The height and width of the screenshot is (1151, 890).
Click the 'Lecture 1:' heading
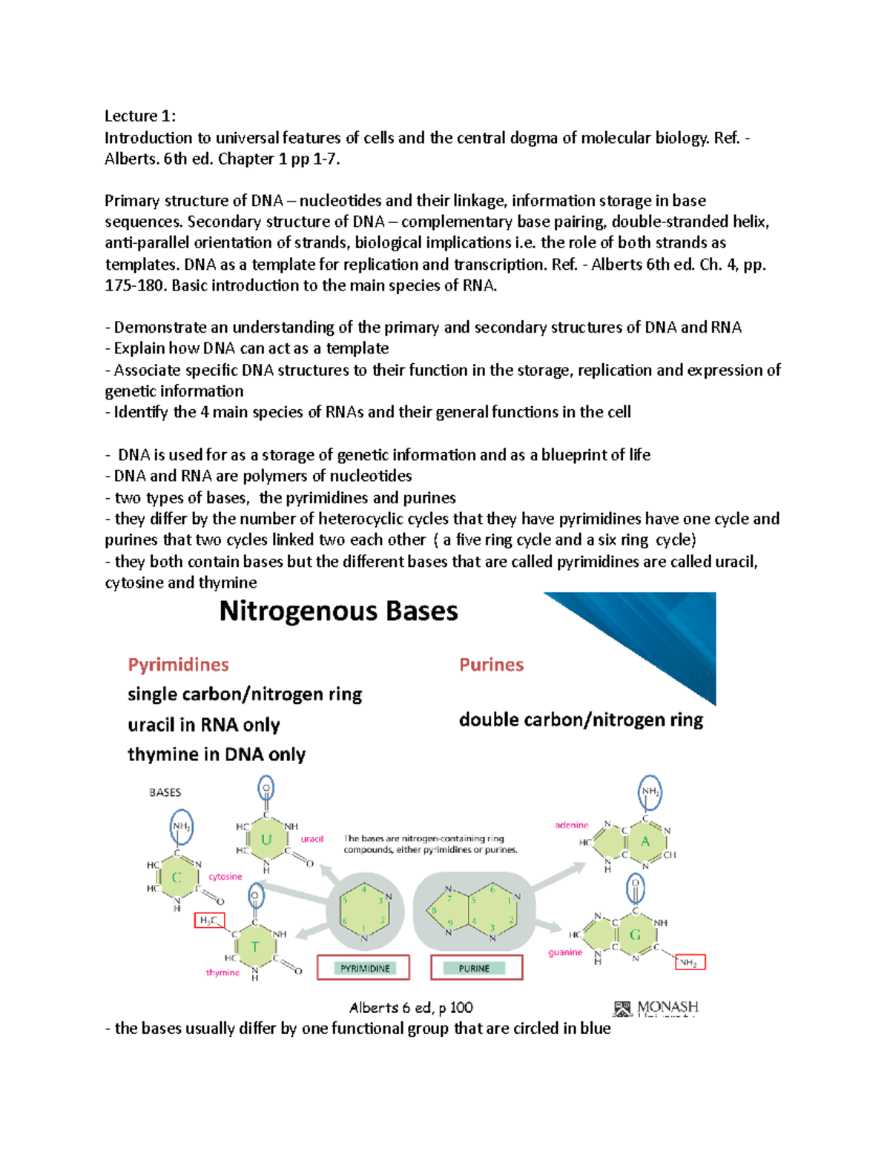[139, 116]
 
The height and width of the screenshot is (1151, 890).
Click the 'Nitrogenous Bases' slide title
[338, 611]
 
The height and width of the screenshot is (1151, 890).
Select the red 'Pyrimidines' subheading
[178, 665]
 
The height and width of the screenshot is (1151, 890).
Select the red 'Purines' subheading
[491, 665]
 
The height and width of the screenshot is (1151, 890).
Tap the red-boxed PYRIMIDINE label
[364, 968]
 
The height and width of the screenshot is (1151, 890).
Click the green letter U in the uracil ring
[266, 840]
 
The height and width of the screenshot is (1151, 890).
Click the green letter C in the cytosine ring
[177, 878]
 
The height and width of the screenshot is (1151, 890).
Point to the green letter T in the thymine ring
[254, 947]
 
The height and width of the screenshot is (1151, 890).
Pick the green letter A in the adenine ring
[645, 841]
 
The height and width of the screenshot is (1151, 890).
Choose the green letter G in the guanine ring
[635, 935]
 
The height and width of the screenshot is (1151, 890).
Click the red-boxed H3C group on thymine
[208, 921]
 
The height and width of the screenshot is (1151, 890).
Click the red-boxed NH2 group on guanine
[689, 963]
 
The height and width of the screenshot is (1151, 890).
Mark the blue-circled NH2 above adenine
[650, 792]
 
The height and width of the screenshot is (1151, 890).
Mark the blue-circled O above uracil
[266, 789]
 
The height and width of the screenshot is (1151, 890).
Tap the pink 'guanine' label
[565, 952]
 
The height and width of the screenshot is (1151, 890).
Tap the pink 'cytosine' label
[225, 877]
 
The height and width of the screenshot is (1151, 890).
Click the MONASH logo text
[667, 1007]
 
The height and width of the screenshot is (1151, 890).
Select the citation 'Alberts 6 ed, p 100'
[411, 1008]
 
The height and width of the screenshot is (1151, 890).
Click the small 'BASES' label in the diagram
[165, 792]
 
